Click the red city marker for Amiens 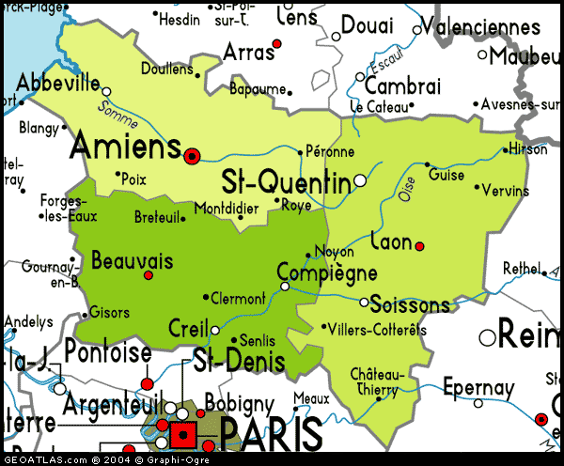tap(193, 156)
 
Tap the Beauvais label tap(133, 260)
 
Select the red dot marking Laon tap(419, 246)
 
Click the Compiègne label tap(327, 274)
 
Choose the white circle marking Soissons tap(365, 302)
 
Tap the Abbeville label tap(57, 81)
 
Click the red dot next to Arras tap(276, 43)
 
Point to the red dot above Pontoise tap(147, 383)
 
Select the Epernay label tap(479, 388)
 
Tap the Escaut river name tap(385, 64)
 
